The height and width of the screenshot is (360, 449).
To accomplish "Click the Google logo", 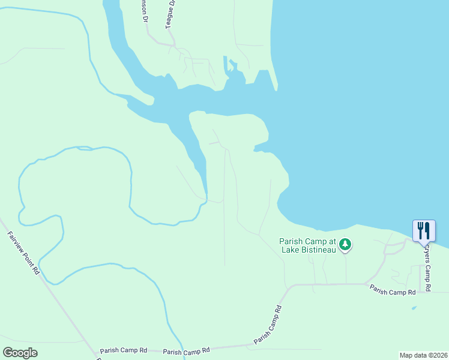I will pos(20,352).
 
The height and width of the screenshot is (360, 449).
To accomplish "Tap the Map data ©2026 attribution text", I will pos(423,355).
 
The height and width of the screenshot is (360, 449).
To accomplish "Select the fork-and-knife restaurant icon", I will pos(424,230).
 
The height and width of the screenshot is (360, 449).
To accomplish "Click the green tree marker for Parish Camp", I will pos(345,244).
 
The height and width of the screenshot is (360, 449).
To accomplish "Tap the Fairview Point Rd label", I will pos(23,253).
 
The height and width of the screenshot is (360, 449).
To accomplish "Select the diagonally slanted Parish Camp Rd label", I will pos(268,325).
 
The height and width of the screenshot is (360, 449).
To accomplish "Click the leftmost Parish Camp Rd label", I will pos(124,350).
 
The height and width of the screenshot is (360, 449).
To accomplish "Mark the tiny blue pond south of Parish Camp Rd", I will pos(414,308).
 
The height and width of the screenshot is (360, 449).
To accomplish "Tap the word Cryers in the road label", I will pos(427,257).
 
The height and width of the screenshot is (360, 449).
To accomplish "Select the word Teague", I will pos(169,19).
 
